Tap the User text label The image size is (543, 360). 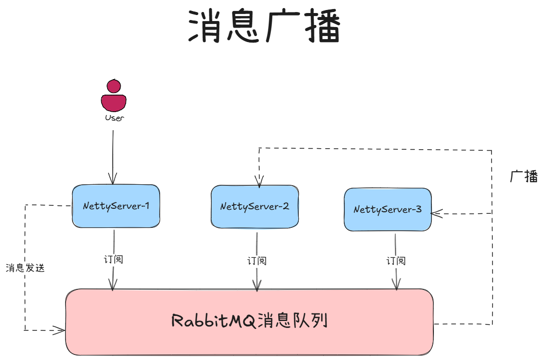click(x=114, y=118)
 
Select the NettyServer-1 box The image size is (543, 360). click(x=116, y=206)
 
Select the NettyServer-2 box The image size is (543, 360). click(x=255, y=207)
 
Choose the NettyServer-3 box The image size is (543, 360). click(x=387, y=209)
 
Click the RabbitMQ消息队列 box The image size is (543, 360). click(x=249, y=321)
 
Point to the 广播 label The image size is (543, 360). click(x=523, y=176)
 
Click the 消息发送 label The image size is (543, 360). click(x=25, y=268)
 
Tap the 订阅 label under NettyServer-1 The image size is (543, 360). click(x=113, y=259)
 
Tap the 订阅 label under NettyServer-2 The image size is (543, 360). click(x=257, y=260)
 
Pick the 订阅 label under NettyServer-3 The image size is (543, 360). click(x=395, y=261)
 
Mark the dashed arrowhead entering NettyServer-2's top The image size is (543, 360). click(x=259, y=182)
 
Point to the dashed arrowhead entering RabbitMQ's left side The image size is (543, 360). click(x=60, y=330)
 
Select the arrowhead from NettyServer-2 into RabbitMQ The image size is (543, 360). click(x=257, y=286)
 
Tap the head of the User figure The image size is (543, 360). click(x=114, y=86)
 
